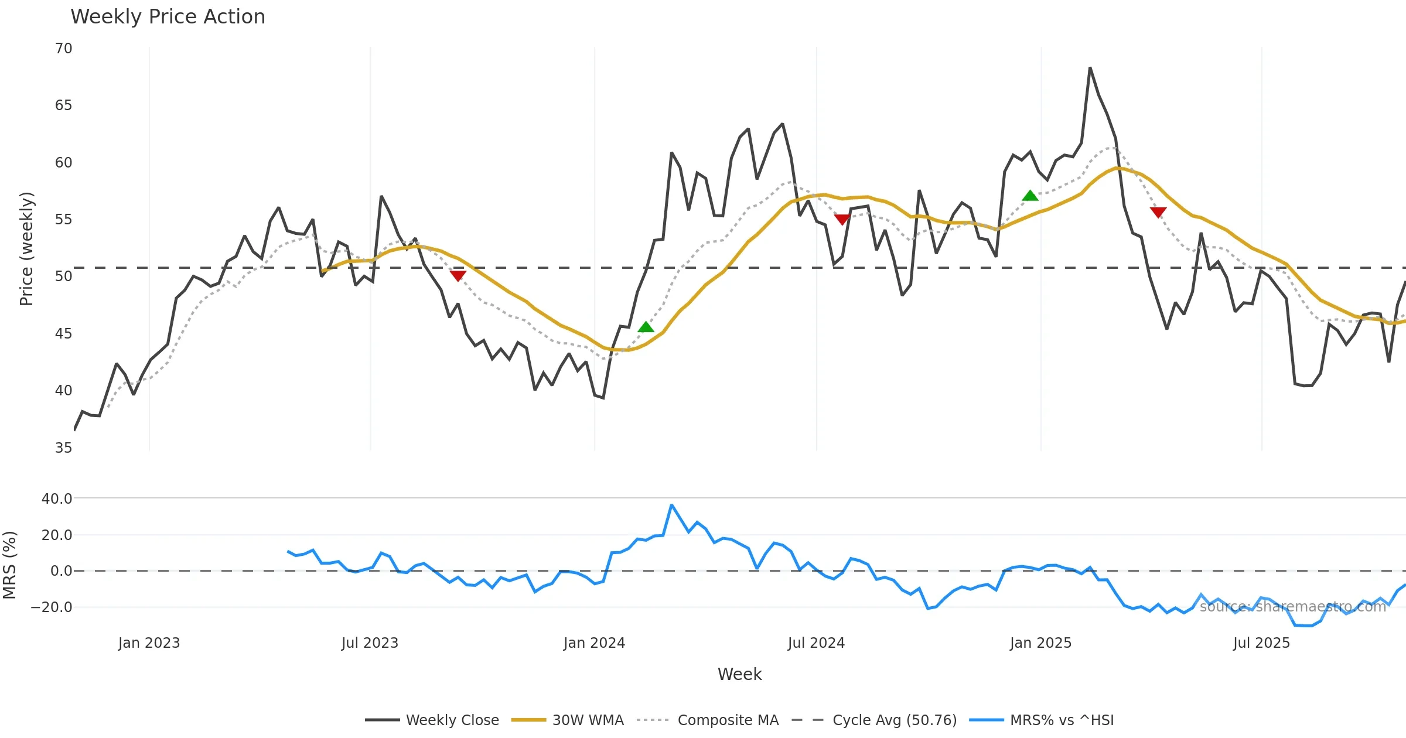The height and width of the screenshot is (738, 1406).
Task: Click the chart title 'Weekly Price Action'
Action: click(168, 17)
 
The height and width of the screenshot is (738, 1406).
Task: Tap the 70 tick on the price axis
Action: click(64, 49)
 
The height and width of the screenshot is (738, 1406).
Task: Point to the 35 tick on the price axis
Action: click(64, 448)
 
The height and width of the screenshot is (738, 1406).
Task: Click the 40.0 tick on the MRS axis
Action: click(57, 499)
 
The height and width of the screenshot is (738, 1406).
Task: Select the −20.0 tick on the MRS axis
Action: click(52, 607)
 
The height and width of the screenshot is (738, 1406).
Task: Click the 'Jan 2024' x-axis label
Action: click(594, 643)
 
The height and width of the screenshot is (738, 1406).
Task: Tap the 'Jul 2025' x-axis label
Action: click(1261, 643)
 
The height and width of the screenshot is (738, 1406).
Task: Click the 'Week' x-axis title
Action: click(739, 675)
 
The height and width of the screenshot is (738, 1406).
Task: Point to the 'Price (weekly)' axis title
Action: click(26, 249)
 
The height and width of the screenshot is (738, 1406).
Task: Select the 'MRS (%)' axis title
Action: click(9, 565)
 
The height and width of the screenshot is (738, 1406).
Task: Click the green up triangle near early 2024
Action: click(646, 327)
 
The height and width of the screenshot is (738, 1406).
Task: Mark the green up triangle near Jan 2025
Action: click(1030, 196)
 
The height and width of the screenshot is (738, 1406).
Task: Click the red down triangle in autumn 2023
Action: click(458, 275)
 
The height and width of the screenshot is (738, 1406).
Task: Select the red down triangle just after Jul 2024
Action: click(842, 219)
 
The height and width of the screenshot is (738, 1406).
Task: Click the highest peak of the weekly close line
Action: click(1090, 68)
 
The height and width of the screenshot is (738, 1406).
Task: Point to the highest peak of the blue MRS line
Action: click(671, 505)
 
